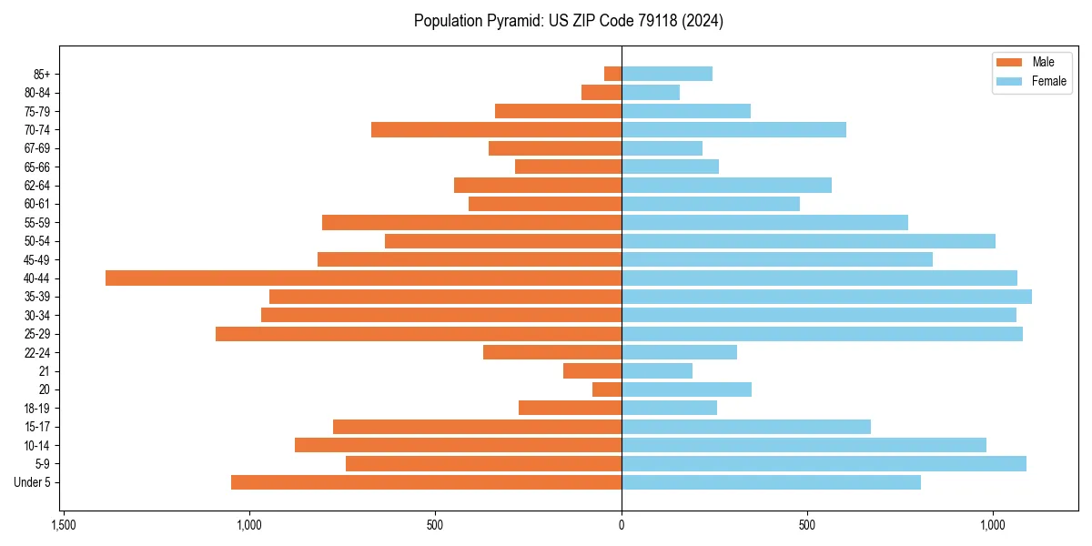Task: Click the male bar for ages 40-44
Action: point(363,278)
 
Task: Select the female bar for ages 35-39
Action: point(826,297)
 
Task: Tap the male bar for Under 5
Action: point(426,482)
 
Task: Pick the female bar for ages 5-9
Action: point(824,464)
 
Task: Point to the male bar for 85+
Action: point(612,74)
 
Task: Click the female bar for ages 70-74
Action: point(733,129)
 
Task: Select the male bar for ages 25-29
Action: point(419,334)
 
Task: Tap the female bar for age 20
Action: point(686,389)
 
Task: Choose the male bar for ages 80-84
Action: point(602,92)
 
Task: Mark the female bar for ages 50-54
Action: point(808,241)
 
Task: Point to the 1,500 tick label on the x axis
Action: point(63,525)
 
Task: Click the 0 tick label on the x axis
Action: point(622,525)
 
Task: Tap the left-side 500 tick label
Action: point(435,525)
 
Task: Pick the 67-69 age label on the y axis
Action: point(37,148)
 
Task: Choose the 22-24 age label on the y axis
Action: point(37,353)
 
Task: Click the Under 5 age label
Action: point(33,482)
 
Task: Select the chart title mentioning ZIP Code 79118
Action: point(569,21)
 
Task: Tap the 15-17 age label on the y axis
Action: point(37,427)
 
